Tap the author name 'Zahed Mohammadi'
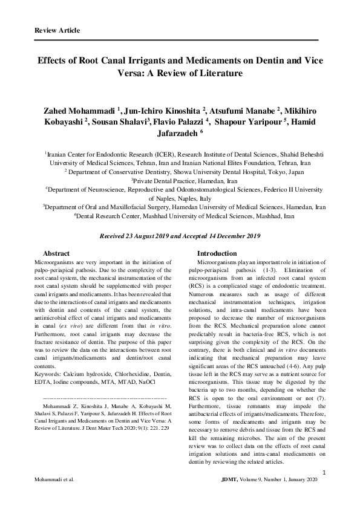(x=80, y=112)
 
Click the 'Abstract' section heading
(x=57, y=253)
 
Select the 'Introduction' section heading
(x=218, y=253)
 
